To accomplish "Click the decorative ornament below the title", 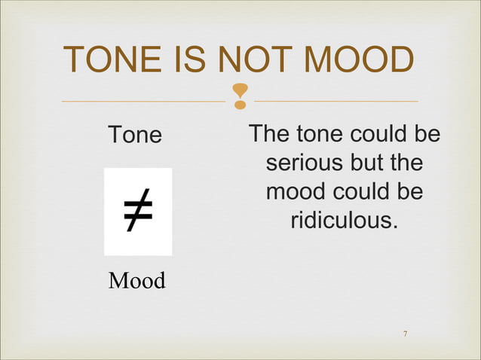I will (240, 96).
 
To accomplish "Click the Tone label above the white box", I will (135, 136).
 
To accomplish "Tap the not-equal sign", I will (138, 212).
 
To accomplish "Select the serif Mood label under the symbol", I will (136, 281).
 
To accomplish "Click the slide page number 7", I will (406, 334).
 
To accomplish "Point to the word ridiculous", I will (344, 221).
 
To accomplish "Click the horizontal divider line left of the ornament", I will (143, 101).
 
